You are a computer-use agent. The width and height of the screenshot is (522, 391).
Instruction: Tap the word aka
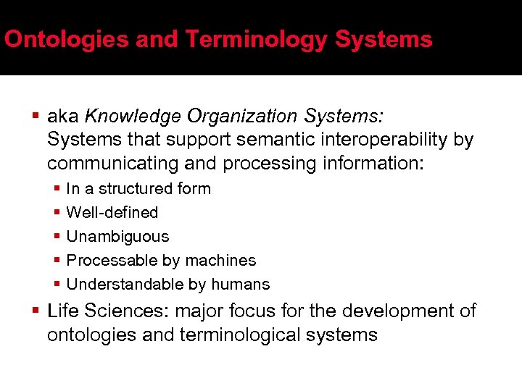pos(63,116)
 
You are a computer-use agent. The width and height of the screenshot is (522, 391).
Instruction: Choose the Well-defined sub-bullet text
pos(112,213)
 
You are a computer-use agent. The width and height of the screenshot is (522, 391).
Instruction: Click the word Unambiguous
pos(117,237)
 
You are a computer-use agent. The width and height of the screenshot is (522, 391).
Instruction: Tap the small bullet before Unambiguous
pos(57,237)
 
